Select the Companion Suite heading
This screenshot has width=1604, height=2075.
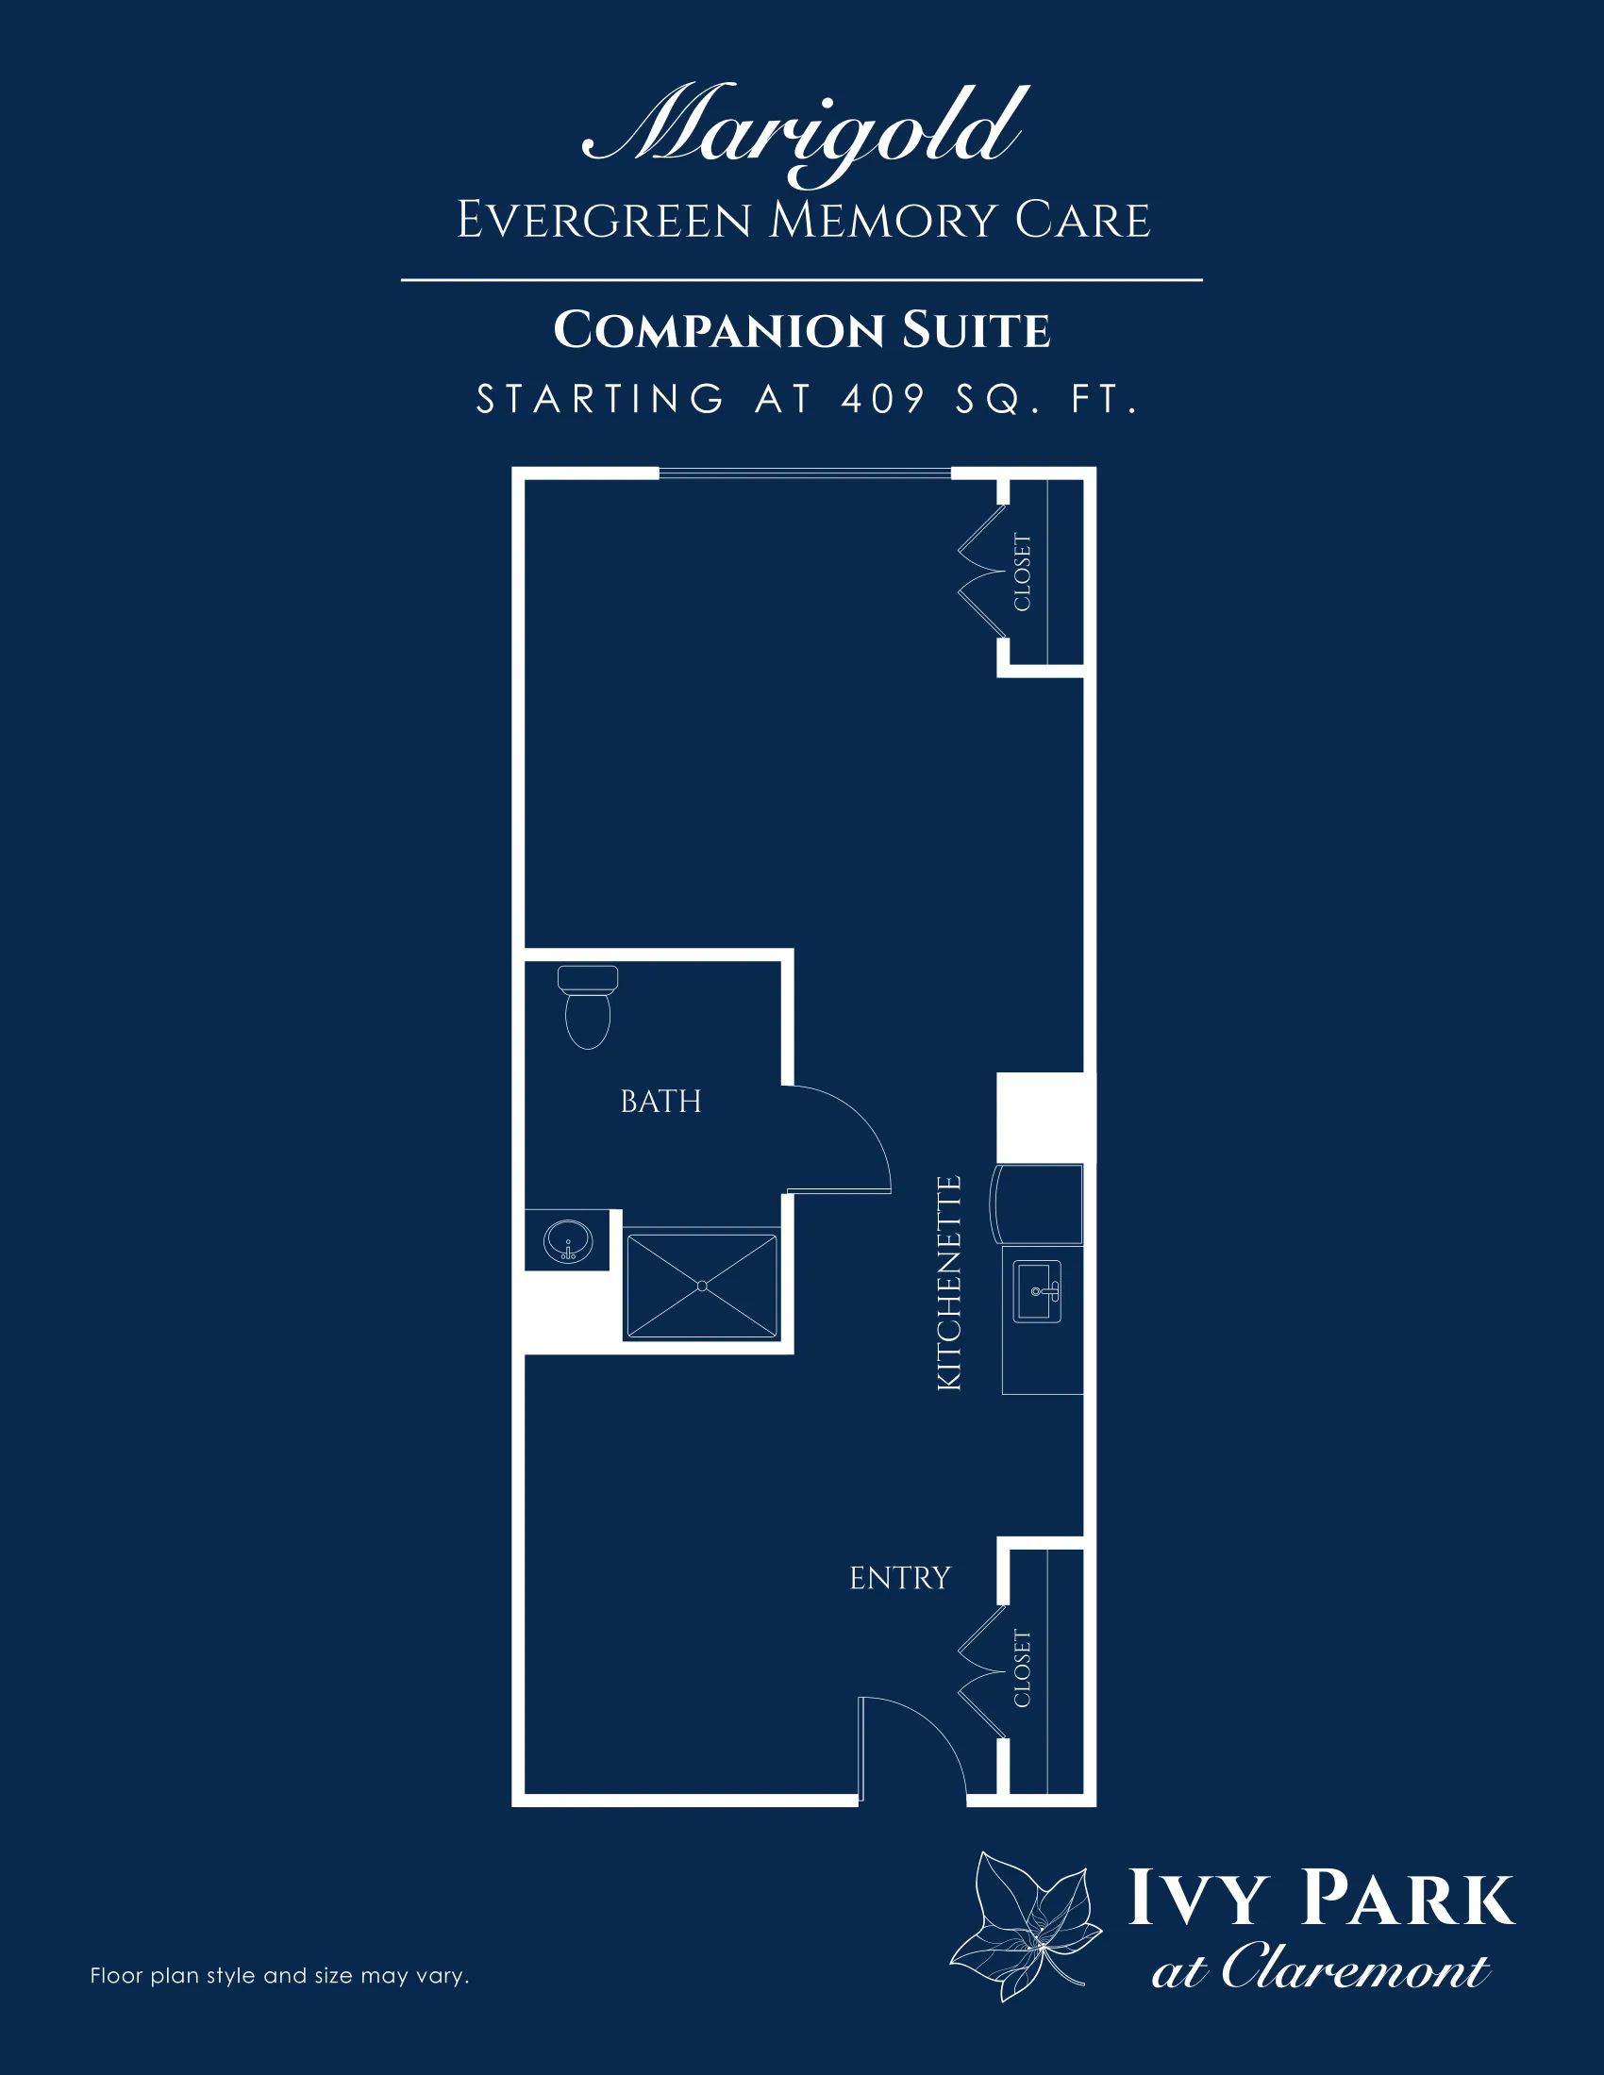tap(802, 331)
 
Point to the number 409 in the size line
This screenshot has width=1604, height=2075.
tap(883, 400)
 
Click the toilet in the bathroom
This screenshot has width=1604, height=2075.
tap(588, 1007)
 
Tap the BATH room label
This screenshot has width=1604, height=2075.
tap(660, 1101)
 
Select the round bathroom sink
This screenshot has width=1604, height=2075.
tap(568, 1240)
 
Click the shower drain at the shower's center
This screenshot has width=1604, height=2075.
tap(701, 1286)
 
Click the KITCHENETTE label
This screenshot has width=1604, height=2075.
tap(949, 1285)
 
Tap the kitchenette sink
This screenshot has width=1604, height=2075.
tap(1038, 1291)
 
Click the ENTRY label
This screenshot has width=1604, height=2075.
tap(900, 1578)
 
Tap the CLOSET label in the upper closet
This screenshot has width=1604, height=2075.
tap(1023, 573)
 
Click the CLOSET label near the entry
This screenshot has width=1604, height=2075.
tap(1023, 1669)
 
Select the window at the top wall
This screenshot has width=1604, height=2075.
tap(805, 473)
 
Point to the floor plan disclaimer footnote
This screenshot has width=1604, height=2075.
tap(279, 1977)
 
